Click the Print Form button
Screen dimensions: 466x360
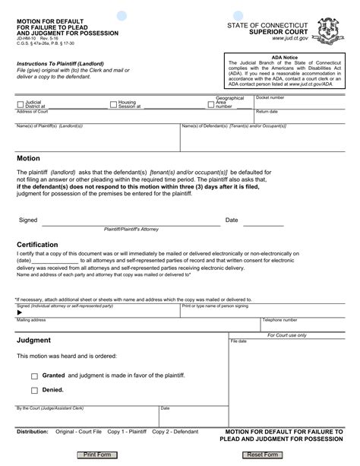(x=97, y=454)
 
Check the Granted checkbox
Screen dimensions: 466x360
(x=35, y=376)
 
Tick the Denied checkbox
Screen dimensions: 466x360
(x=35, y=391)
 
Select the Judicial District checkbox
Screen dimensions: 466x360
(x=20, y=102)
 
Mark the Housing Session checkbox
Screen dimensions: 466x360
(x=113, y=102)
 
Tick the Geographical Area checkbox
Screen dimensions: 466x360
(x=210, y=102)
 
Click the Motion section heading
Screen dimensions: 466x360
(x=28, y=158)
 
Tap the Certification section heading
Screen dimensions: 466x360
(x=39, y=244)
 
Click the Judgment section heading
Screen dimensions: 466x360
(x=34, y=340)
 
